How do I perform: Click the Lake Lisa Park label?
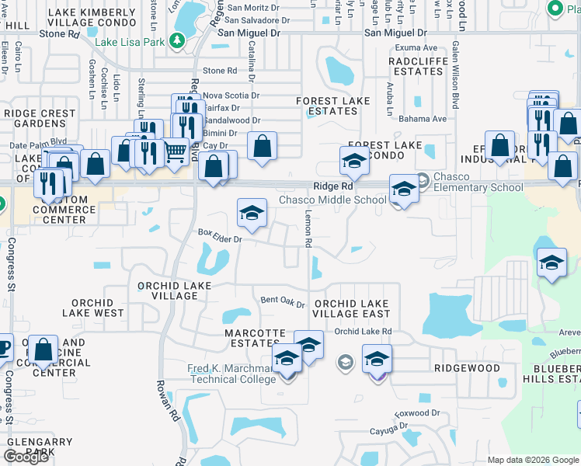(130, 41)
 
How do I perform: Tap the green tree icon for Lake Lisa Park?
(177, 40)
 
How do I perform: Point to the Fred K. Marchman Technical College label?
(231, 374)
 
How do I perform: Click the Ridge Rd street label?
(334, 186)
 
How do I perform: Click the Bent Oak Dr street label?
(283, 300)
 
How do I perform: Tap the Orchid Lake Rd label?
(363, 332)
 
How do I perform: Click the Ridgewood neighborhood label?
(466, 368)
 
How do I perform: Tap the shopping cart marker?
(176, 151)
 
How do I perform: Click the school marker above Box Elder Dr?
(252, 214)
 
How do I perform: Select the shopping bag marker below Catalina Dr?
(263, 146)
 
